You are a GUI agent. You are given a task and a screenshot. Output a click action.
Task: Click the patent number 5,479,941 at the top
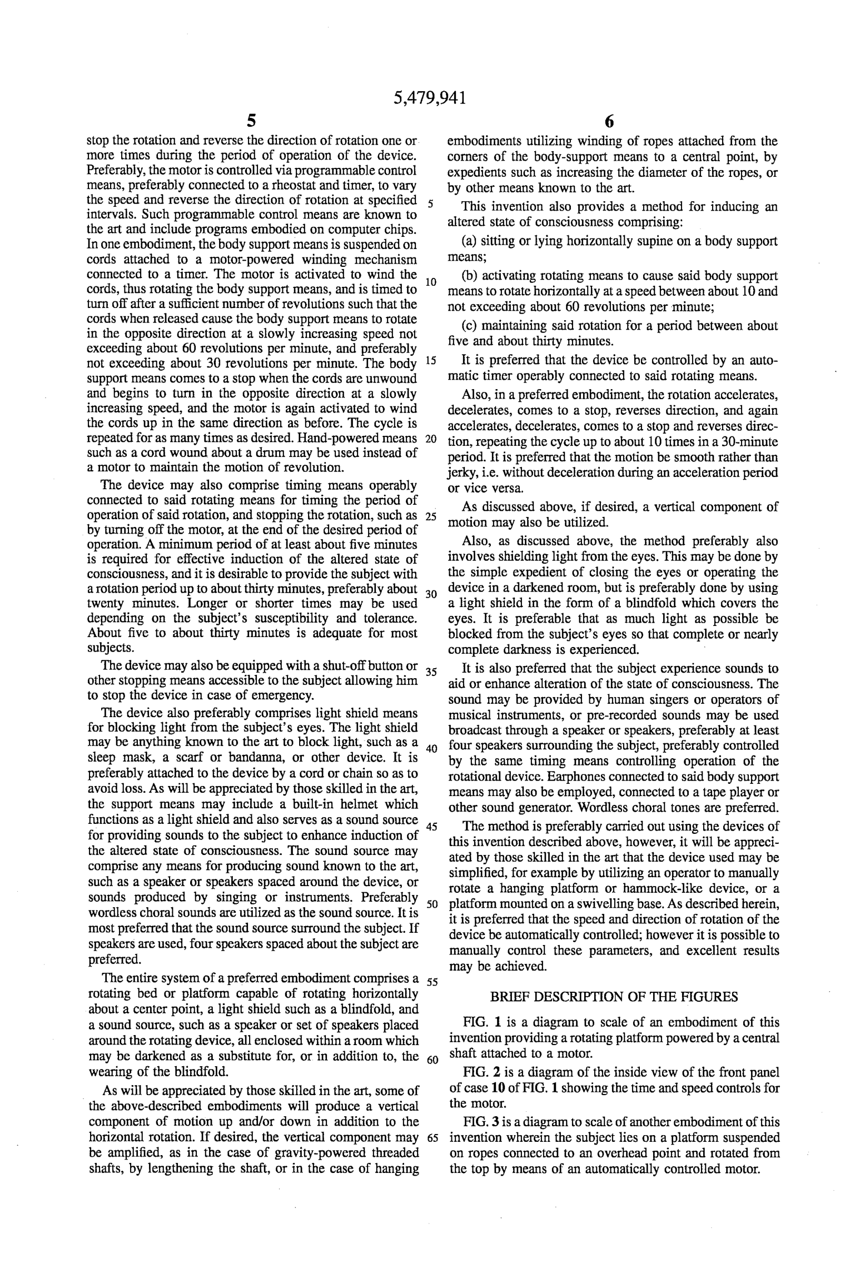pyautogui.click(x=429, y=98)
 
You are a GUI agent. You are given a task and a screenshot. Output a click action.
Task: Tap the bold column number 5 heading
pyautogui.click(x=252, y=121)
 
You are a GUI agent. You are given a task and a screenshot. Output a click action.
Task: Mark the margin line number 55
pyautogui.click(x=432, y=982)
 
